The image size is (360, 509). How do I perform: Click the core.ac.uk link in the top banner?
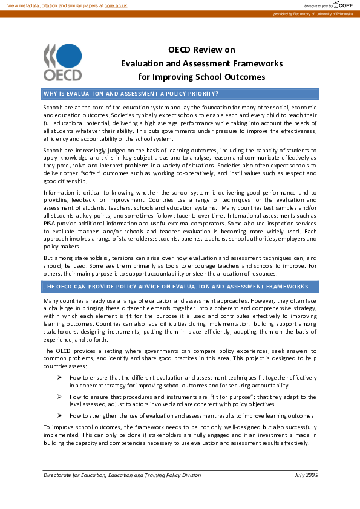117,5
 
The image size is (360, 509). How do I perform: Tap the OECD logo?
62,62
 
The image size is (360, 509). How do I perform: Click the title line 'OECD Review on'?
201,50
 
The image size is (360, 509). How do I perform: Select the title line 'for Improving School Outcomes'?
201,77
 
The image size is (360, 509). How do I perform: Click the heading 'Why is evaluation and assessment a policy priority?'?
131,93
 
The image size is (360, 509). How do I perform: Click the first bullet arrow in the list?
60,377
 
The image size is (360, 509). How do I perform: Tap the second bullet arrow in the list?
60,397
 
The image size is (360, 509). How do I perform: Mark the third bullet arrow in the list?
60,416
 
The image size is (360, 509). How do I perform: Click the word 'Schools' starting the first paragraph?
53,107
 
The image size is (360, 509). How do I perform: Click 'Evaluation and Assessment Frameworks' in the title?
201,63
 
